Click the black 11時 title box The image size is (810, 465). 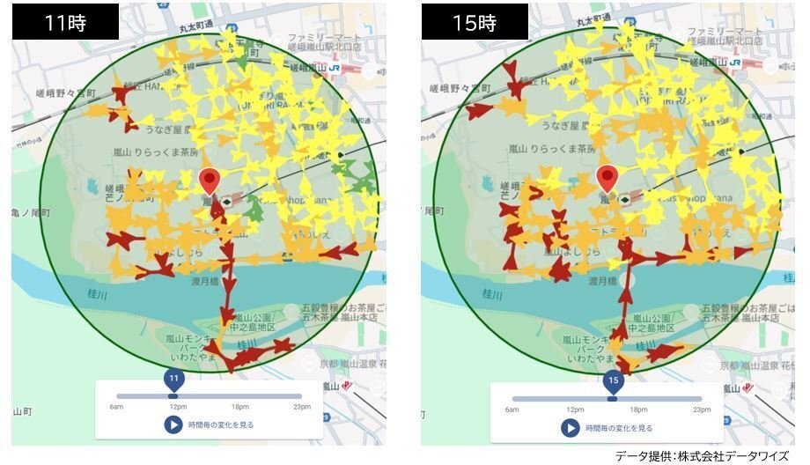pos(65,22)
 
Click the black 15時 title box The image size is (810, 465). pos(475,22)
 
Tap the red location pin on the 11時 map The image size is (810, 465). pos(209,181)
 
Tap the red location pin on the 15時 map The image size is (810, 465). pos(607,178)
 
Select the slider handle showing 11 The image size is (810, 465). pos(173,380)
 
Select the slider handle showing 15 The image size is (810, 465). pos(613,381)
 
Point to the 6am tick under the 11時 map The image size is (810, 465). pos(116,407)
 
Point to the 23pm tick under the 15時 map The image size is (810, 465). pos(702,410)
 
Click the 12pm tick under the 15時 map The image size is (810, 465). pos(575,410)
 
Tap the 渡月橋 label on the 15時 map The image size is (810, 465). pos(602,280)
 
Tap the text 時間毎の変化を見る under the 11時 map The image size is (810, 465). pos(221,425)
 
